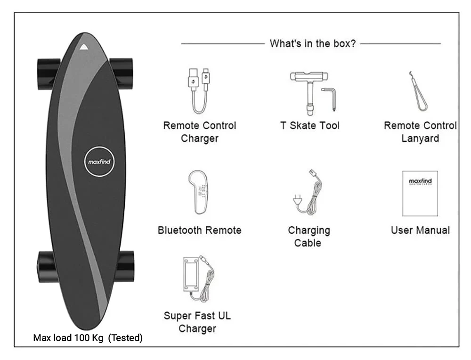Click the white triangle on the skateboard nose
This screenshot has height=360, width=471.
click(84, 47)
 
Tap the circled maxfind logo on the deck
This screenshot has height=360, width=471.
click(100, 162)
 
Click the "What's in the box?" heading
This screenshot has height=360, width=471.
click(312, 44)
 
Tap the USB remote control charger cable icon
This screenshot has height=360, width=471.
click(199, 90)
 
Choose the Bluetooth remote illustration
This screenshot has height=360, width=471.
click(199, 192)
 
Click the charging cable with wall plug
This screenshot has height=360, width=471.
click(309, 193)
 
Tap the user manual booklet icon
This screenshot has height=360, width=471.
click(420, 193)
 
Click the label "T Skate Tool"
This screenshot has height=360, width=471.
click(309, 126)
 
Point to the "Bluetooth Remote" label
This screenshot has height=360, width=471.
click(199, 230)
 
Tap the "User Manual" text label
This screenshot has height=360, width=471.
click(420, 230)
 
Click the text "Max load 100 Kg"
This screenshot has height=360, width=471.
click(69, 338)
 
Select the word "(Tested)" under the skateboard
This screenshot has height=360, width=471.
click(125, 338)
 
